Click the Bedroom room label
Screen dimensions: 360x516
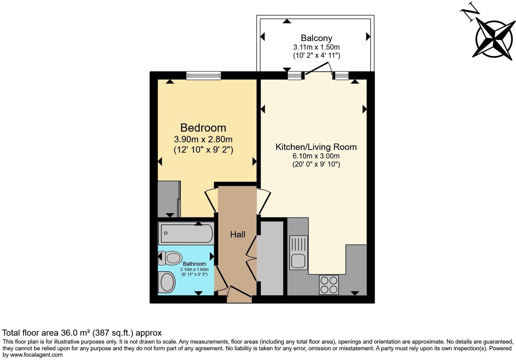[203, 128]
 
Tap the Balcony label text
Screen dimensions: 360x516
[316, 38]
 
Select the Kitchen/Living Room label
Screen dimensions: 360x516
[316, 147]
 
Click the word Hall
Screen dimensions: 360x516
[238, 234]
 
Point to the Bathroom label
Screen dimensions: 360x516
[194, 264]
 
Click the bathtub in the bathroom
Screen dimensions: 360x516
[187, 233]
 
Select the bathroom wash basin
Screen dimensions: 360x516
[167, 282]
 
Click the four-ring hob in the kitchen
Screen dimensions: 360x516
[329, 285]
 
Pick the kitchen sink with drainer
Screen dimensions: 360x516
[298, 252]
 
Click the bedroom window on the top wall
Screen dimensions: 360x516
[204, 75]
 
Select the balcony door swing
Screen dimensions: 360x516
[318, 68]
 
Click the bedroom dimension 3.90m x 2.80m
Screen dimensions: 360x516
[203, 140]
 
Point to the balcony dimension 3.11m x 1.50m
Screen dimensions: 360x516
[316, 47]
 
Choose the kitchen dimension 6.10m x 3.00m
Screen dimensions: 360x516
[316, 156]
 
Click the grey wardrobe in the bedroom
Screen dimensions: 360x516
[169, 199]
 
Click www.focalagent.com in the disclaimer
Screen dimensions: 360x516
[37, 355]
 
